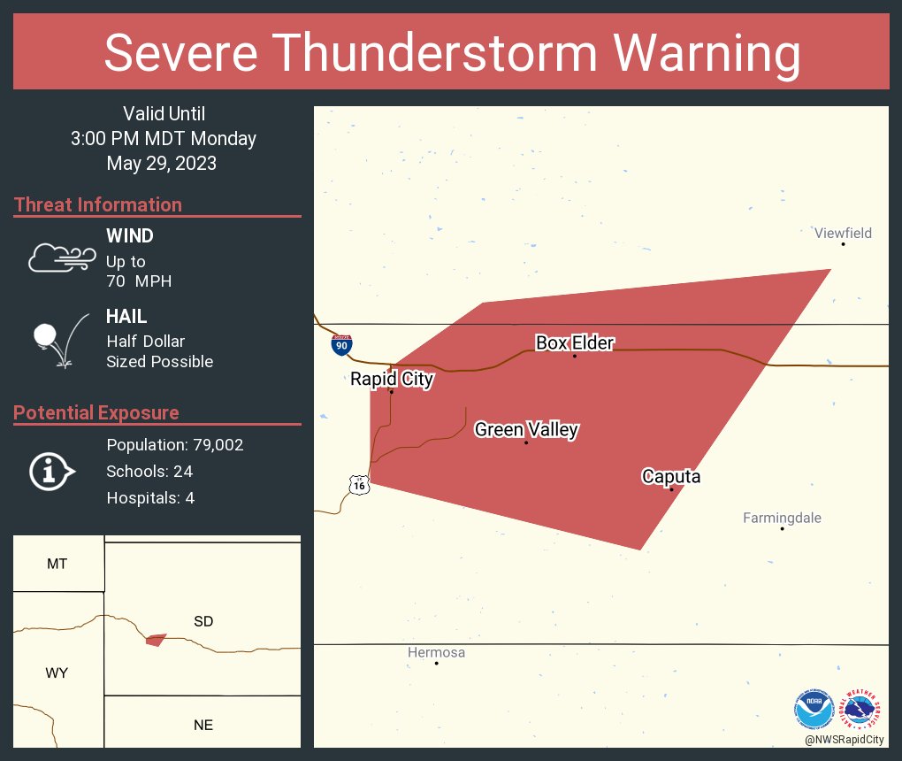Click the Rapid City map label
tap(392, 380)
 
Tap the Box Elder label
tap(574, 343)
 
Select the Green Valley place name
tap(526, 430)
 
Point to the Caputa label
tap(670, 477)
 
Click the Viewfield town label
tap(843, 234)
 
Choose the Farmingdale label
tap(782, 519)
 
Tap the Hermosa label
tap(436, 653)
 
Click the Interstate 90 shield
tap(341, 345)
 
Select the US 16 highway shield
tap(358, 484)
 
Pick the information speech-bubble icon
tap(51, 472)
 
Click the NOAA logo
tap(814, 709)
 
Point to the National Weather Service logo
tap(863, 709)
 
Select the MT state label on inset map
tap(57, 564)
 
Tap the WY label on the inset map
tap(57, 673)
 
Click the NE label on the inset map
tap(203, 725)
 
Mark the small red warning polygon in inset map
tap(157, 639)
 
